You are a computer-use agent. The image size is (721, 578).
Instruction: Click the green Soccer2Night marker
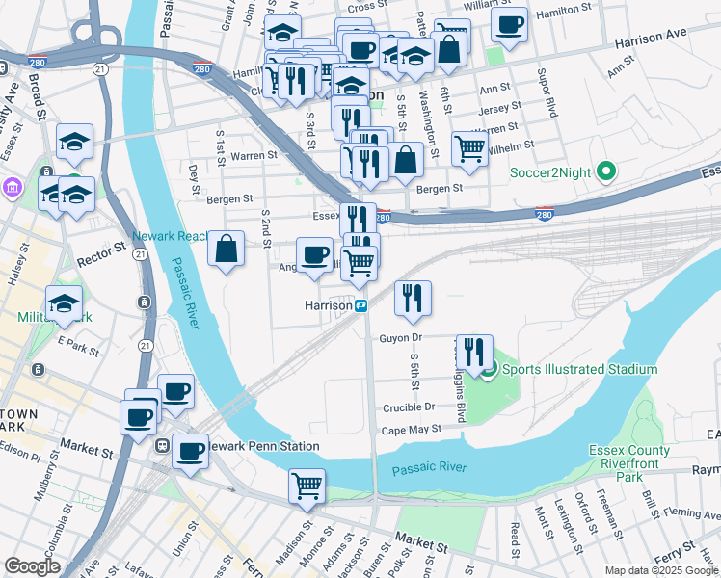point(605,173)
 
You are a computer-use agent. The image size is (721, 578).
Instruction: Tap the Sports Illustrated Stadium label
point(578,369)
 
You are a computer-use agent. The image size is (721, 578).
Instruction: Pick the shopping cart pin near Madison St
point(307,486)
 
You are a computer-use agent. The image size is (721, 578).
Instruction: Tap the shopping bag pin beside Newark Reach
point(226,250)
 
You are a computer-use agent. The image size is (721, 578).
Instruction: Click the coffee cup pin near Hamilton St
point(509,24)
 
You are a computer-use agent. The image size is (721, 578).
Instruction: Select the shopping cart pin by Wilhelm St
point(469,149)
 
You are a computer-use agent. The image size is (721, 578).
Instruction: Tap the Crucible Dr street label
point(402,407)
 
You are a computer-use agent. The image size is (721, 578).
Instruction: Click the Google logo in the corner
point(32,566)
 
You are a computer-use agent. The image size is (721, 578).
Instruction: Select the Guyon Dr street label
point(401,337)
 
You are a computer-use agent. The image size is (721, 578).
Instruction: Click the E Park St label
point(78,341)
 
